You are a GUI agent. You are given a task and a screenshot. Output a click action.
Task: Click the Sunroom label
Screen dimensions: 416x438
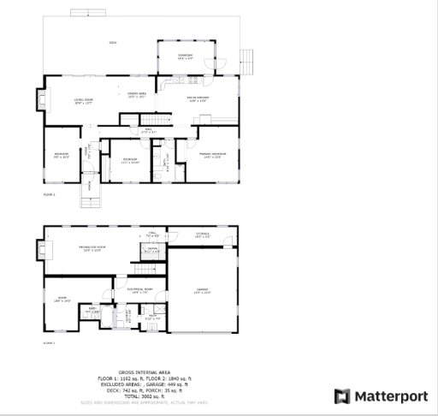tap(185, 56)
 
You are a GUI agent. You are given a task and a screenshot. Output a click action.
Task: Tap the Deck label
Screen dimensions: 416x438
tap(112, 43)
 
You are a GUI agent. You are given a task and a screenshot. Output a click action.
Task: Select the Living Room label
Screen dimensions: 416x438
tap(83, 101)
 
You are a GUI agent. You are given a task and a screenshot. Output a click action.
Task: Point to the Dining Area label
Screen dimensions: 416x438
tap(137, 94)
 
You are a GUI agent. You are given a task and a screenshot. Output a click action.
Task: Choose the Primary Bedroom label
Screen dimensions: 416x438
tap(212, 157)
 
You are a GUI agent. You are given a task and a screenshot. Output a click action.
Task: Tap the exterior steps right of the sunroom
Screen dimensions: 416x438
tap(249, 61)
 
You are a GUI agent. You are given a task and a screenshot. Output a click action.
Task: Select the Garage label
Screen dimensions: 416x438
tap(203, 292)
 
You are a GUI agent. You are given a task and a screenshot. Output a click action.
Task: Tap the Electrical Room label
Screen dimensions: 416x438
tap(139, 291)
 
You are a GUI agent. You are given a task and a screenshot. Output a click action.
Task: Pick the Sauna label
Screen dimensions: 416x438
tap(151, 251)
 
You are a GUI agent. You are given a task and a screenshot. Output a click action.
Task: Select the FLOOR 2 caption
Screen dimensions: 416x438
tap(49, 195)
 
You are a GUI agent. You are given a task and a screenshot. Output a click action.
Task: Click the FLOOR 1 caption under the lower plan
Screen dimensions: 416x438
tap(49, 342)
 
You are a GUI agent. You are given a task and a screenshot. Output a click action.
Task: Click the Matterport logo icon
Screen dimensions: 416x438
tap(342, 396)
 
